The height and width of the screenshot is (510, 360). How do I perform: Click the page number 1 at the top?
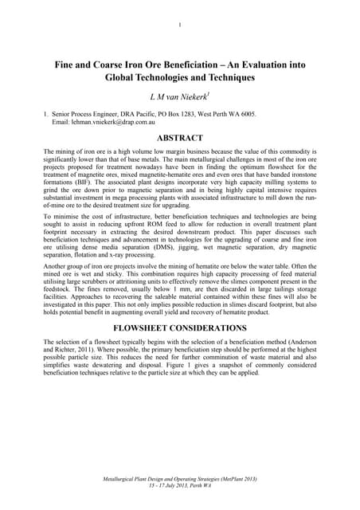180,24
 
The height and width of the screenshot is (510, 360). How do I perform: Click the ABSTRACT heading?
180,139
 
